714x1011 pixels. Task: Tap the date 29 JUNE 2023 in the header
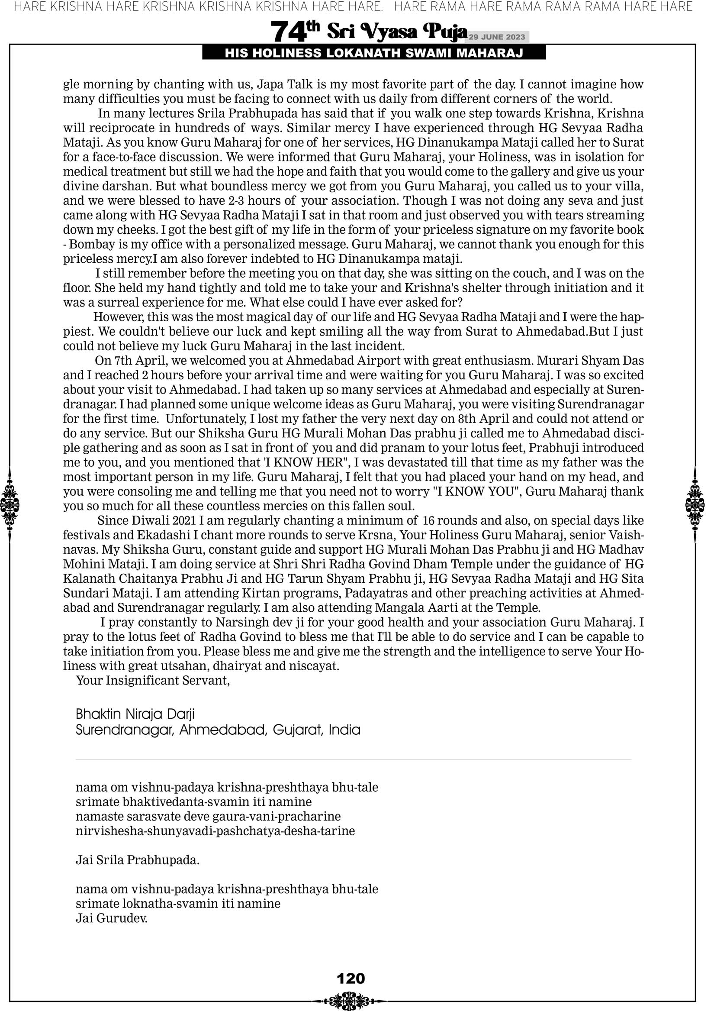point(497,37)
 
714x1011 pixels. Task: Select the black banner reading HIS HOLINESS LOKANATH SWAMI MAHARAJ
point(374,53)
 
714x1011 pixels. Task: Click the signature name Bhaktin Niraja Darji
point(135,714)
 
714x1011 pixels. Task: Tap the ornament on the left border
point(10,505)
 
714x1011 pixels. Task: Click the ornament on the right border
point(695,505)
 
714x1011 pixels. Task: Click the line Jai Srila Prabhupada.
point(137,860)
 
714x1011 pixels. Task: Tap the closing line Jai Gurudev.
point(111,918)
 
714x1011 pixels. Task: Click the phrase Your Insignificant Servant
point(153,680)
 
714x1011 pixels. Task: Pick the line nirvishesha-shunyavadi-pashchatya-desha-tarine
point(215,831)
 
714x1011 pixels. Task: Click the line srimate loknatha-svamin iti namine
point(178,904)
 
